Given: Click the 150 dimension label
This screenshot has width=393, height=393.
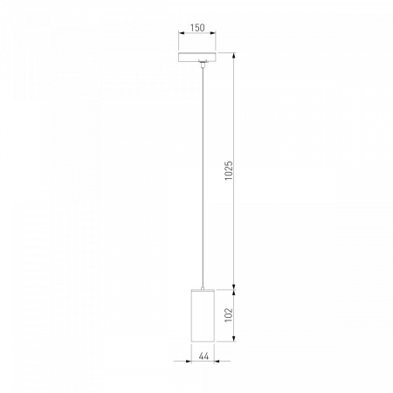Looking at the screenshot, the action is (x=197, y=28).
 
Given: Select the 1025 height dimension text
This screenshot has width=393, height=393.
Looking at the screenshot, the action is (x=229, y=170).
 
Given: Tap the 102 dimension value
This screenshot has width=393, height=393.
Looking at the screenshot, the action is (x=229, y=314).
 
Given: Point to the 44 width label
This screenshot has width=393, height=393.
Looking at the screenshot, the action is (x=203, y=355).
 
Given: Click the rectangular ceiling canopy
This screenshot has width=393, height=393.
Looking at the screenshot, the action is (x=197, y=57).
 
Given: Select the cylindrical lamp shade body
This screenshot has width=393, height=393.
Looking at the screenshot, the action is (x=203, y=315).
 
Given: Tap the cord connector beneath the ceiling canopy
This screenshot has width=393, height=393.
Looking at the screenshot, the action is (x=203, y=64).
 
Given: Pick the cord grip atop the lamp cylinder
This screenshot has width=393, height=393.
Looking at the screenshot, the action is (x=203, y=288).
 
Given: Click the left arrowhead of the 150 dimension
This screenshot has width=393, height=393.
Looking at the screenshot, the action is (x=182, y=33).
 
